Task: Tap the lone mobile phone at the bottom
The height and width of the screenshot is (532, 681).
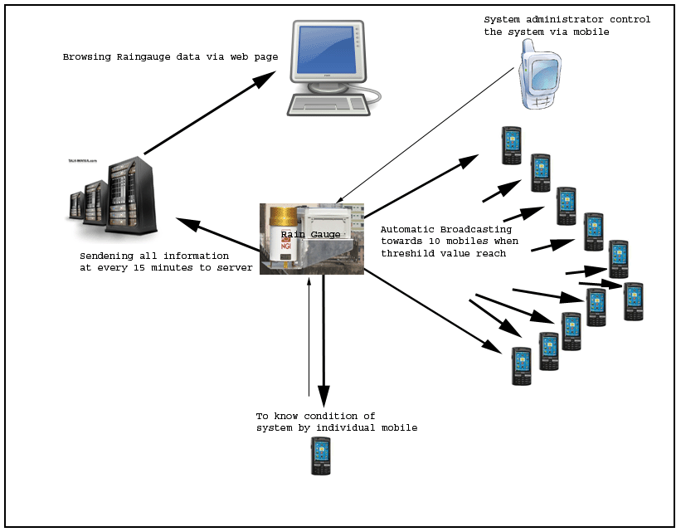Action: tap(321, 456)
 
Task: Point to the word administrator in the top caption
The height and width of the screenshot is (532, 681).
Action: tap(564, 20)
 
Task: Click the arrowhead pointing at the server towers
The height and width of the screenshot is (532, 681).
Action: tap(184, 221)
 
